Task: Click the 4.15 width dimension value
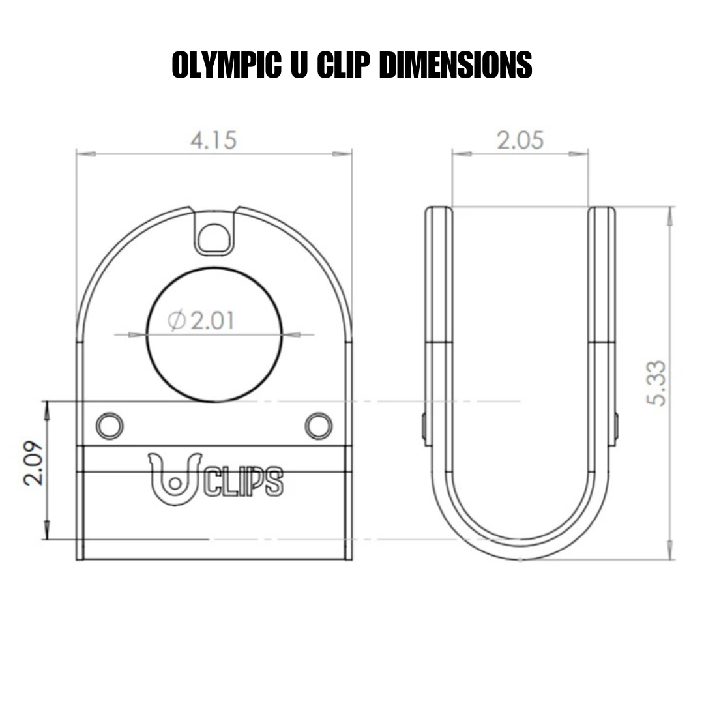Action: point(213,140)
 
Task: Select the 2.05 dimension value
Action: point(520,140)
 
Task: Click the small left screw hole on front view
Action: point(110,426)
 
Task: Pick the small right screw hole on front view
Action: point(319,426)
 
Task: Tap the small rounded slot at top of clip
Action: point(214,237)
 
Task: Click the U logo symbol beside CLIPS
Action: point(173,480)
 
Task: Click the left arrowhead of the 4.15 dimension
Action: point(85,154)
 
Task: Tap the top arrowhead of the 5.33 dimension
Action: point(670,216)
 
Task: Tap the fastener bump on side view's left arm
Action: point(424,427)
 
